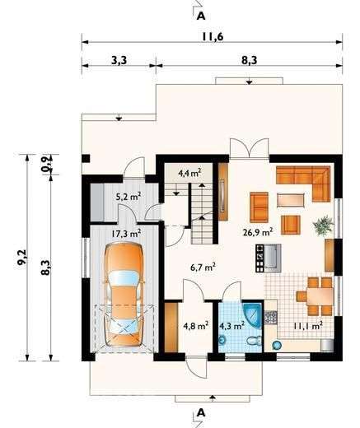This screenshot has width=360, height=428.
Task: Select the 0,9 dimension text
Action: click(x=46, y=163)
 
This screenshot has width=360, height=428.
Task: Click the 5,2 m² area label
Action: click(x=128, y=196)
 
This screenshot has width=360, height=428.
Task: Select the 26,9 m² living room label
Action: click(x=259, y=231)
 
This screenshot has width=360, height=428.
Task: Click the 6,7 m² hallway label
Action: click(x=203, y=267)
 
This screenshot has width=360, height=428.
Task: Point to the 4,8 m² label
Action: click(x=195, y=325)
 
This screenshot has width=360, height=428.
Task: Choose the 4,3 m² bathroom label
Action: click(x=231, y=325)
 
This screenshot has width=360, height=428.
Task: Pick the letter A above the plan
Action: click(x=200, y=13)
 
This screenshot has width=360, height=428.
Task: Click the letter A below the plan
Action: click(x=200, y=412)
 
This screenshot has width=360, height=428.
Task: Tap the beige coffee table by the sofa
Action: click(x=290, y=198)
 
